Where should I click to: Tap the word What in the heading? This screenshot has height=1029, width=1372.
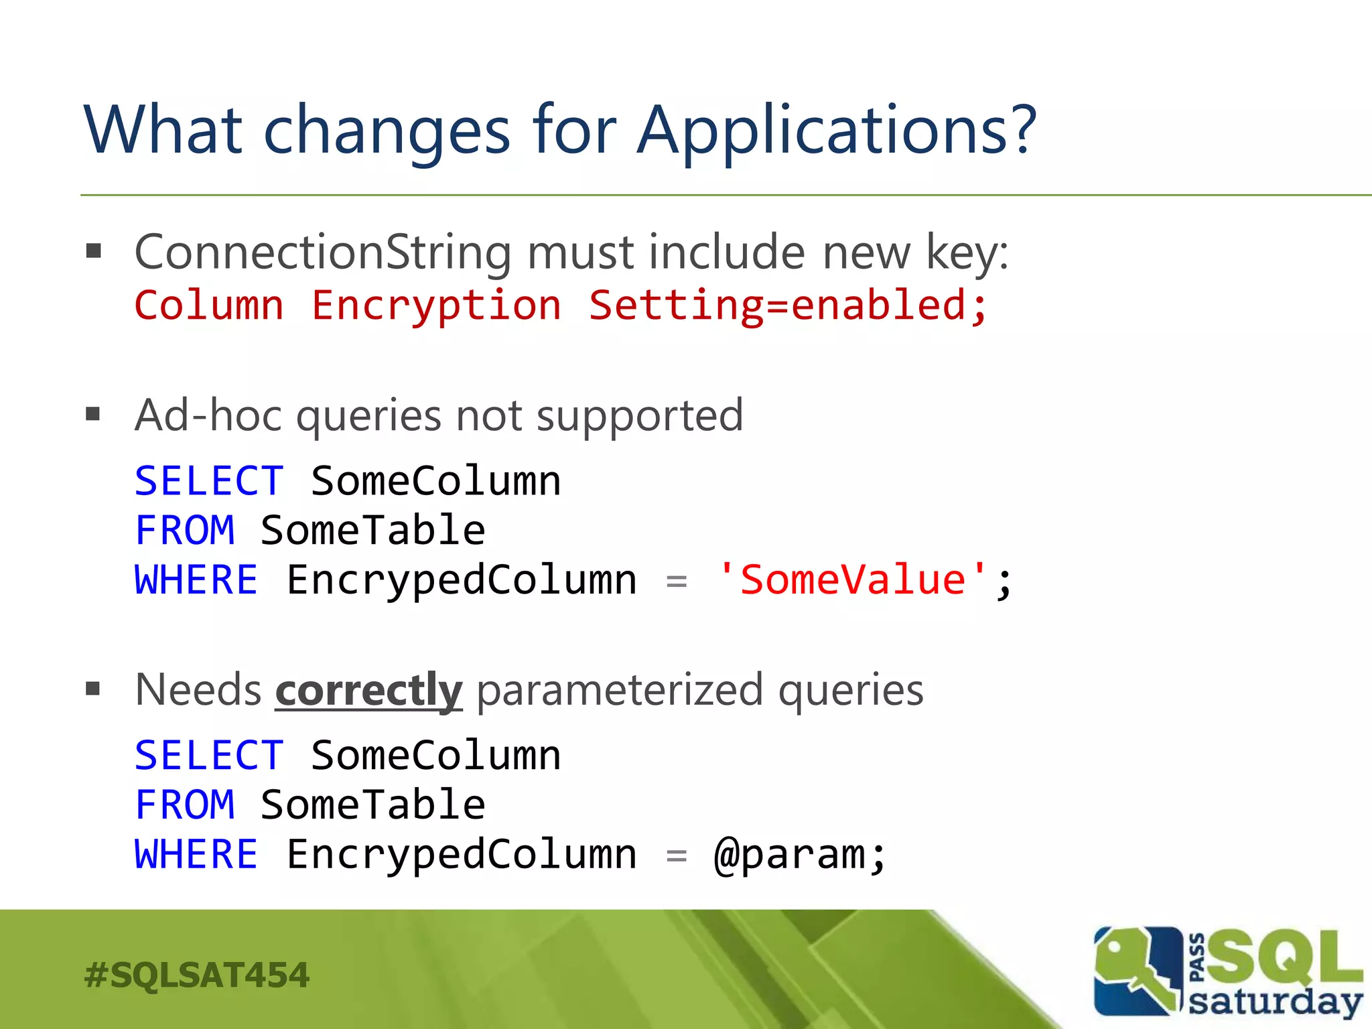163,131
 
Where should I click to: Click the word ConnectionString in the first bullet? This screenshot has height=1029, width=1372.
324,253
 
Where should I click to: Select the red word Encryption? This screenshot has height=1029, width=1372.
436,306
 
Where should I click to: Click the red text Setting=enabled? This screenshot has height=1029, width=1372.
788,306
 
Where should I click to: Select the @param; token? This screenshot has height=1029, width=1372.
800,855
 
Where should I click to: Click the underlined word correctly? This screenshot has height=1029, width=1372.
368,690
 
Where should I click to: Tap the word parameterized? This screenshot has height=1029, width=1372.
620,690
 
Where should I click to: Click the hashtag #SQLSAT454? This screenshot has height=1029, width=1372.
197,975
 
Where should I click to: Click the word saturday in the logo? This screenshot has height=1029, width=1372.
1275,1002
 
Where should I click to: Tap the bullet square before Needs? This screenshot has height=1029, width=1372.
93,689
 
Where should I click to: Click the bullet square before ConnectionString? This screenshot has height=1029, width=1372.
93,251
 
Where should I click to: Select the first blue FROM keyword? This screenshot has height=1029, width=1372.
185,531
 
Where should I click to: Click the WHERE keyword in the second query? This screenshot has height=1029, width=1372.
196,855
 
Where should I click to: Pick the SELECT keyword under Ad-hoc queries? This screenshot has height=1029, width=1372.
209,481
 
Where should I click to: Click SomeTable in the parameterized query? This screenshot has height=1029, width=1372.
372,805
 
